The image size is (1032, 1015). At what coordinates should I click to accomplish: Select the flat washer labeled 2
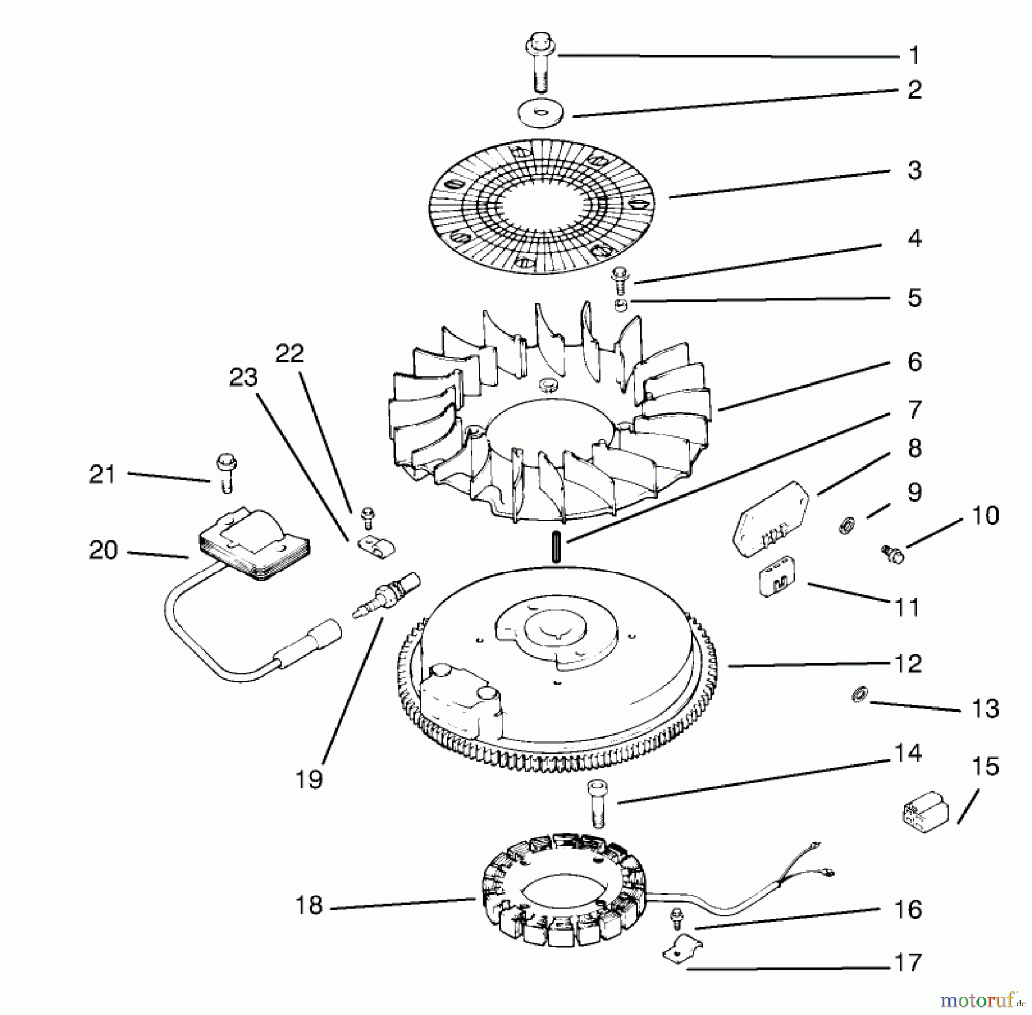coord(541,114)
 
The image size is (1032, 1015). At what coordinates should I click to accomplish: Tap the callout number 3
coord(914,170)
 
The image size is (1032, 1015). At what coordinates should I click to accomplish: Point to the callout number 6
coord(914,362)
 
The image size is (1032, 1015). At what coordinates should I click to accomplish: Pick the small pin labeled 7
coord(556,546)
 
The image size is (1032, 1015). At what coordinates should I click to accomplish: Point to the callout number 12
coord(908,663)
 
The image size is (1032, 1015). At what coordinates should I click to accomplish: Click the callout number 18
coord(309,905)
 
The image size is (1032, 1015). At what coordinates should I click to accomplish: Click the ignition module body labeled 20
coord(252,545)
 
